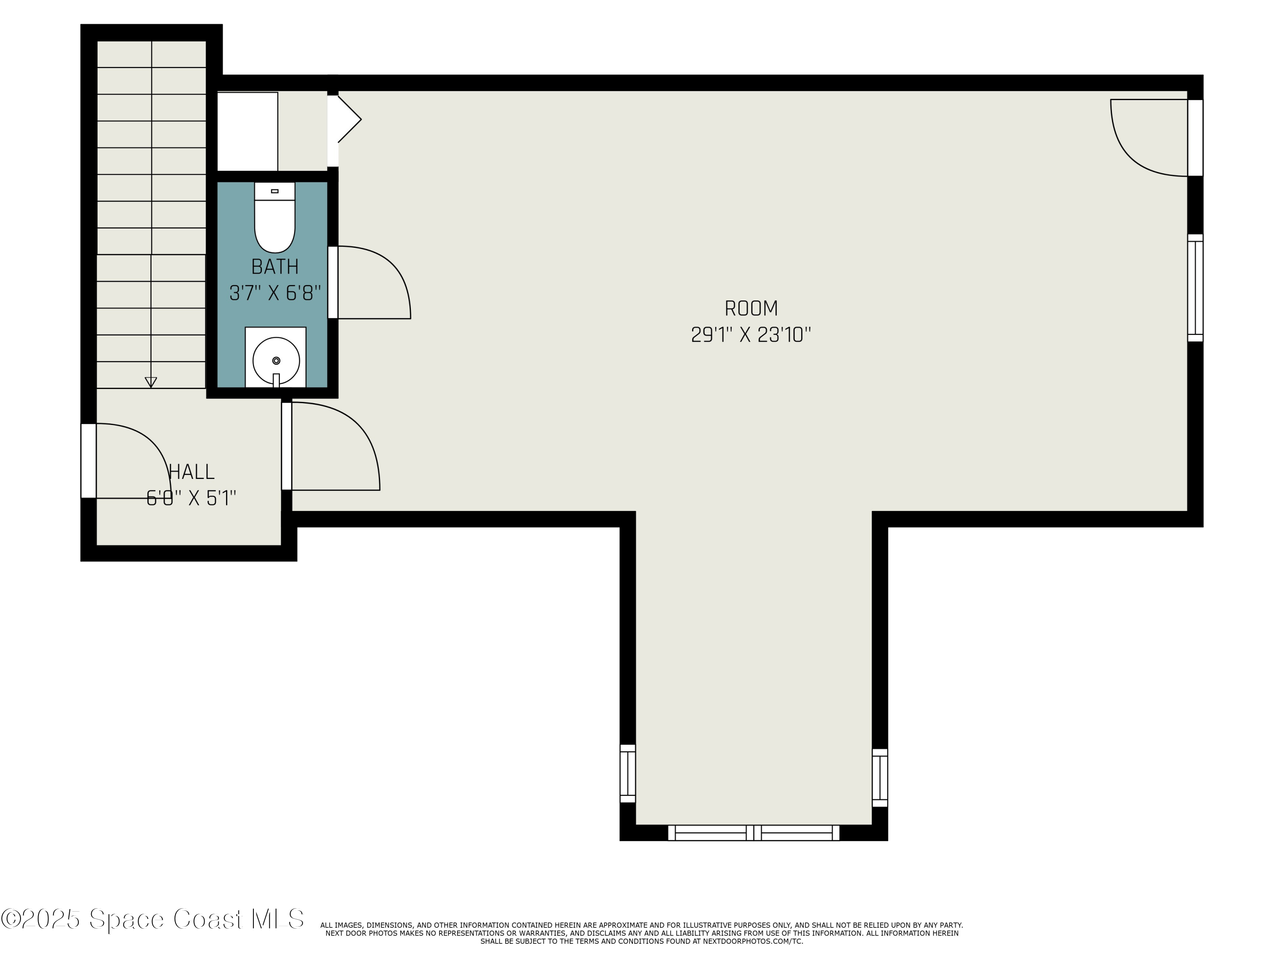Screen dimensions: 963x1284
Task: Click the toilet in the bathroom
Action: tap(275, 220)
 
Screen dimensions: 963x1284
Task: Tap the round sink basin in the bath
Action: tap(276, 360)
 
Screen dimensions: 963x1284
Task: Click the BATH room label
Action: tap(275, 267)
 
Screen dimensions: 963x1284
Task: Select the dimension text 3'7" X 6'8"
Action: tap(275, 293)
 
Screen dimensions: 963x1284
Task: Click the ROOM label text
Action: tap(751, 308)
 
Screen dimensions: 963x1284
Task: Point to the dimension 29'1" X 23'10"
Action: tap(751, 335)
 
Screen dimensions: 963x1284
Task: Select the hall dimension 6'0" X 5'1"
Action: tap(192, 498)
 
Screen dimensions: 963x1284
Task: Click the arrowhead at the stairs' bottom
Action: tap(151, 382)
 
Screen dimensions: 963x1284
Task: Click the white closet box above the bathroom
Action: tap(247, 131)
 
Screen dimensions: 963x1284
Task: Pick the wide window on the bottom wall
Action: tap(753, 832)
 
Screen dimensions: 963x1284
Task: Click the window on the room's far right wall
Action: tap(1195, 288)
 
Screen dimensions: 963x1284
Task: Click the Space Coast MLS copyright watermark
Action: tap(152, 919)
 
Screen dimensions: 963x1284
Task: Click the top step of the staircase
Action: tap(152, 54)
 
